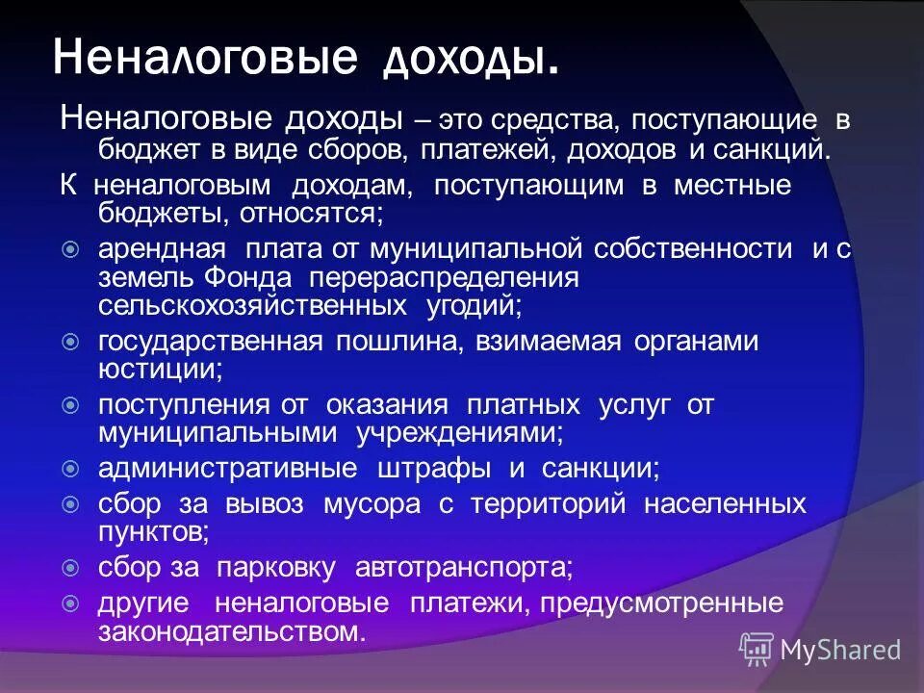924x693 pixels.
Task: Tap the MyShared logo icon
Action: click(x=757, y=650)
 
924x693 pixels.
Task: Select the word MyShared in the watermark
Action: click(x=840, y=650)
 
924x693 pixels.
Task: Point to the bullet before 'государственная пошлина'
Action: click(x=70, y=342)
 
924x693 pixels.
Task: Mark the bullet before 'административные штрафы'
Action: click(x=70, y=469)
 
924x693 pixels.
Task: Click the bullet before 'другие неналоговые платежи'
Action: click(x=70, y=604)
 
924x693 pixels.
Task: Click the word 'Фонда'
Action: click(x=248, y=278)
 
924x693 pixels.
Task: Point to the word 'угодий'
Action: click(x=473, y=306)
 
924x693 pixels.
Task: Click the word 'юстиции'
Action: click(x=161, y=369)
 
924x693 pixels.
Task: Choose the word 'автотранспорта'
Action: click(x=464, y=568)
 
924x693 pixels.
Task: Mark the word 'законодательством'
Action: click(x=232, y=632)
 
